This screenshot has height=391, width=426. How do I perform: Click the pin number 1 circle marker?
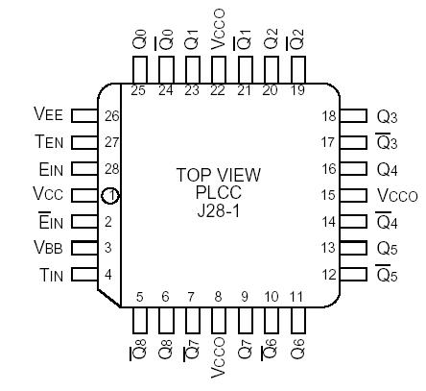(x=111, y=196)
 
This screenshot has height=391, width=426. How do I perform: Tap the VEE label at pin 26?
(x=49, y=114)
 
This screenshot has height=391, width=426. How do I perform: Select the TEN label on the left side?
(x=49, y=141)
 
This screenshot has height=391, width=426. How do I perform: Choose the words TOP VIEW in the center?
(x=219, y=175)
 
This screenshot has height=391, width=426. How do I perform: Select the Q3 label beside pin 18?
(x=388, y=115)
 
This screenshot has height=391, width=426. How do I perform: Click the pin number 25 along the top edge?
(x=139, y=91)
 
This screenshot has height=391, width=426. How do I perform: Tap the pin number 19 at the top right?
(x=298, y=91)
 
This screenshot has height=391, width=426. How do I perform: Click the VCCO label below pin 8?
(x=219, y=357)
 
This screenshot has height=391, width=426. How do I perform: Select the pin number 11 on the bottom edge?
(x=298, y=297)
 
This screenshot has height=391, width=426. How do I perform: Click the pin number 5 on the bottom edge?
(x=139, y=297)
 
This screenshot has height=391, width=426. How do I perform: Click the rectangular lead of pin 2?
(x=85, y=222)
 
